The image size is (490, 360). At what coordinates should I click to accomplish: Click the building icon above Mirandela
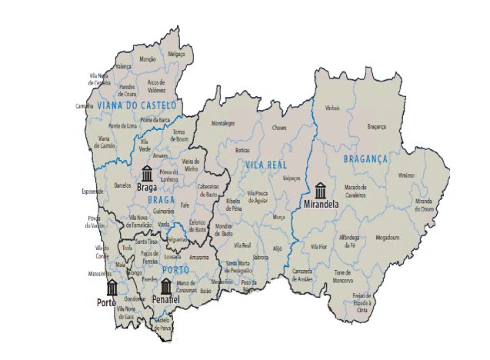[320, 189]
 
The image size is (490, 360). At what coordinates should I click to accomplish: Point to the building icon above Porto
[112, 288]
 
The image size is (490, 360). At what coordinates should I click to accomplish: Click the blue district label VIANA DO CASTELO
[137, 105]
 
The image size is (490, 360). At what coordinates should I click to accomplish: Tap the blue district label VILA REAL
[265, 164]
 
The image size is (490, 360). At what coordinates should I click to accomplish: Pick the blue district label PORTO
[175, 268]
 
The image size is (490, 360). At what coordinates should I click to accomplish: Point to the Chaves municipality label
[278, 127]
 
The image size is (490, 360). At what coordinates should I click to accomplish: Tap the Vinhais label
[332, 108]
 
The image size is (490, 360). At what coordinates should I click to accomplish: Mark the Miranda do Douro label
[428, 205]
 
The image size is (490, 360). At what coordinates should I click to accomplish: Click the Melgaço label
[177, 54]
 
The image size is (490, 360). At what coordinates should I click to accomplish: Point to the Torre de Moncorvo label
[342, 275]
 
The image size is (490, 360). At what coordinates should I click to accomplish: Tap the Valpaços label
[292, 178]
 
